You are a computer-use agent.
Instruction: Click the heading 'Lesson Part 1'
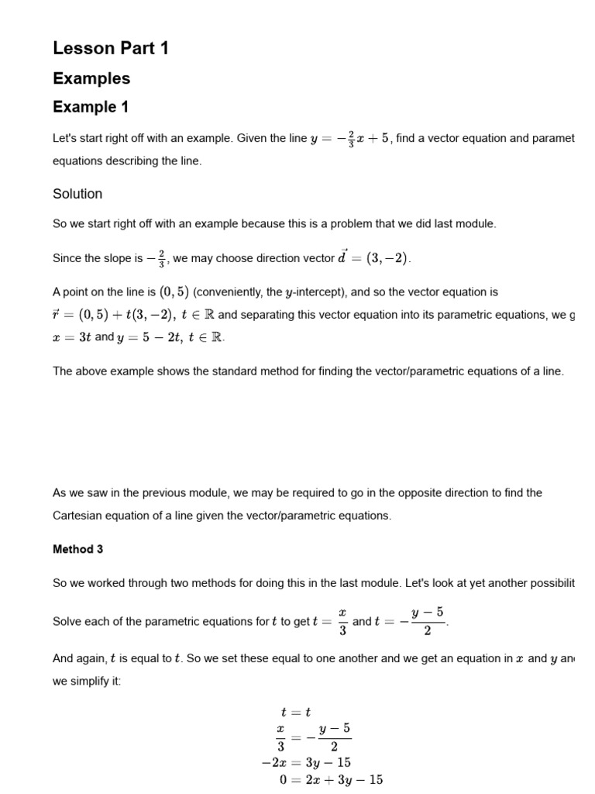click(x=110, y=48)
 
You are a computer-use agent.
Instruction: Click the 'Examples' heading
click(x=91, y=78)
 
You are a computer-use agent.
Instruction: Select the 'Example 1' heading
click(x=91, y=107)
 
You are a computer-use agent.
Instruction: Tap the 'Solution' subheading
click(x=77, y=193)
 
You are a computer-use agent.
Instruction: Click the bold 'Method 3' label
click(x=77, y=549)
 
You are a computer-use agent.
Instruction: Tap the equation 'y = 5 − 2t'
click(x=146, y=337)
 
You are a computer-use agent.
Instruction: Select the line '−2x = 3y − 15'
click(x=306, y=763)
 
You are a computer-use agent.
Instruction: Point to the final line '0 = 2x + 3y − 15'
click(x=331, y=780)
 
